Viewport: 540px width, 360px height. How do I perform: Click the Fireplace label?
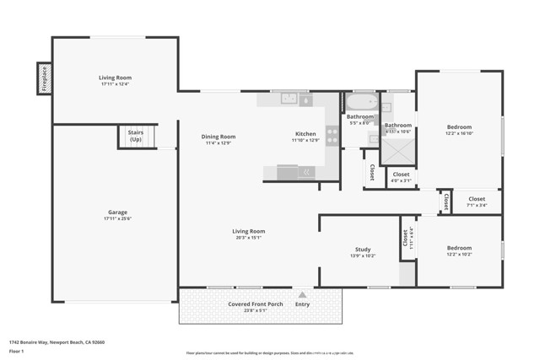tap(44, 79)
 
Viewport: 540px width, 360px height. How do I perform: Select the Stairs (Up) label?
tap(135, 136)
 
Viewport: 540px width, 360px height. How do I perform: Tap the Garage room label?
tap(116, 212)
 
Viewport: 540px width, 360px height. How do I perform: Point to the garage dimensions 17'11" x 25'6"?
tap(116, 219)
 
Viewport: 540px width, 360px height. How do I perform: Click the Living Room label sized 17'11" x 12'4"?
tap(116, 78)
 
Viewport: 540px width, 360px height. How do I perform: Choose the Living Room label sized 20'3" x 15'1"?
tap(249, 231)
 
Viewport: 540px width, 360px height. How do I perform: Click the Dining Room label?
tap(218, 137)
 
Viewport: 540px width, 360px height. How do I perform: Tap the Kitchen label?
tap(305, 134)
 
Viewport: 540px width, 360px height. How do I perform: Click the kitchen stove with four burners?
tap(330, 137)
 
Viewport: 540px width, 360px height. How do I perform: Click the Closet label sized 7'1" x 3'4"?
tap(477, 200)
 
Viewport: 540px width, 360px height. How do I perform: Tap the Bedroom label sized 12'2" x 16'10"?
tap(459, 127)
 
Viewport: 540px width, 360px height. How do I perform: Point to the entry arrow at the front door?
tap(302, 295)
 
